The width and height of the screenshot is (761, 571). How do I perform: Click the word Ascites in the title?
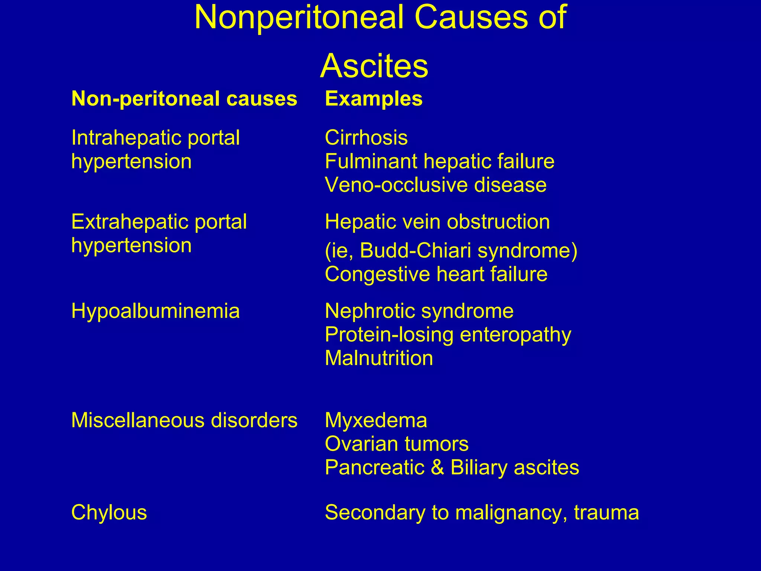coord(374,66)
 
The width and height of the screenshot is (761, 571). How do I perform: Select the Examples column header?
coord(373,99)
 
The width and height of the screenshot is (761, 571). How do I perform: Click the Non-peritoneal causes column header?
coord(184,99)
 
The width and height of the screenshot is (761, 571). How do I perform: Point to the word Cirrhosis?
coord(366,138)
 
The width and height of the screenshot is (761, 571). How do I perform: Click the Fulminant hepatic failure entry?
coord(440,161)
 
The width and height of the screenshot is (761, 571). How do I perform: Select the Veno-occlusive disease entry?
coord(435,185)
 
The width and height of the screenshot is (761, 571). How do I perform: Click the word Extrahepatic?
coord(128,222)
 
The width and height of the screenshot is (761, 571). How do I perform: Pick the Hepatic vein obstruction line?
coord(437,222)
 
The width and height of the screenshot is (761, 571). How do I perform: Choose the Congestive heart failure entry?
coord(436,274)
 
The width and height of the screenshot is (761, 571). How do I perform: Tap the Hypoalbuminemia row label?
coord(155,311)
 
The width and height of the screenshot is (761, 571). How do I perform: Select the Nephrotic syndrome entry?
coord(419,311)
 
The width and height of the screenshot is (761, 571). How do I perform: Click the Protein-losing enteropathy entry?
coord(448,335)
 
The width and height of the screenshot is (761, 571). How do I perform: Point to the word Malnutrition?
coord(379,358)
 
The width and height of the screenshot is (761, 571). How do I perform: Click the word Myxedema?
coord(376,420)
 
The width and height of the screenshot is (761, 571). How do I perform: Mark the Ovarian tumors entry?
coord(396,444)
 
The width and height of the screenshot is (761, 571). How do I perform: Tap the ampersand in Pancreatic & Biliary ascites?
coord(437,467)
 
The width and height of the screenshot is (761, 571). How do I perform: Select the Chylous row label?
coord(109,513)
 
